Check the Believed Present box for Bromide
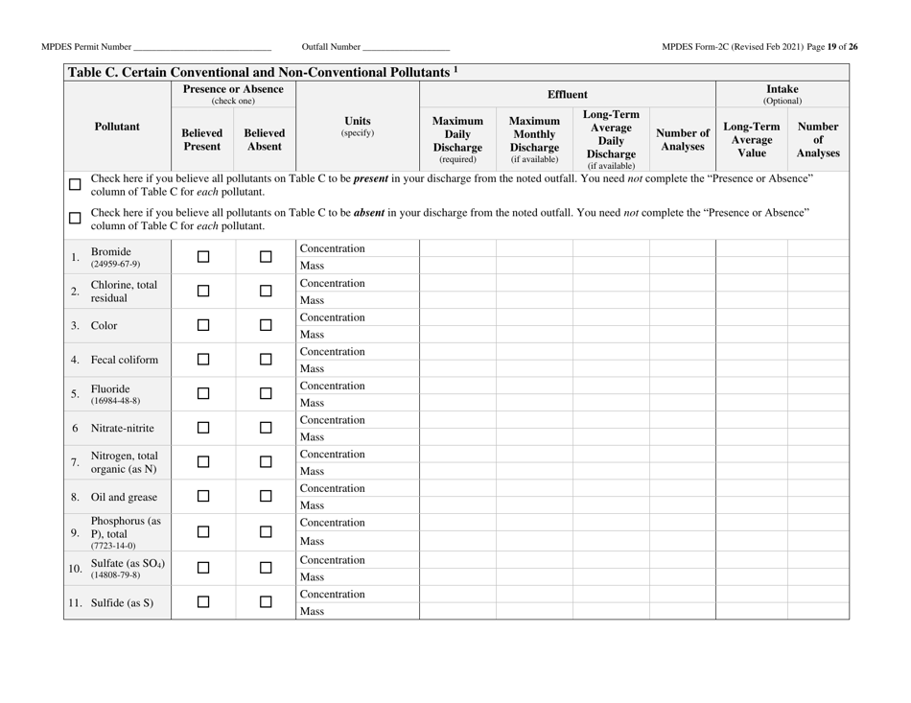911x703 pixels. click(201, 257)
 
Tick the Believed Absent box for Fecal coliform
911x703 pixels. click(265, 361)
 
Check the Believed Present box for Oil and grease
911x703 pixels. click(201, 498)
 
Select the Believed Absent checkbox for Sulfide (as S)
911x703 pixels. click(265, 601)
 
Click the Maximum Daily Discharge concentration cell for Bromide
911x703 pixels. click(457, 248)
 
